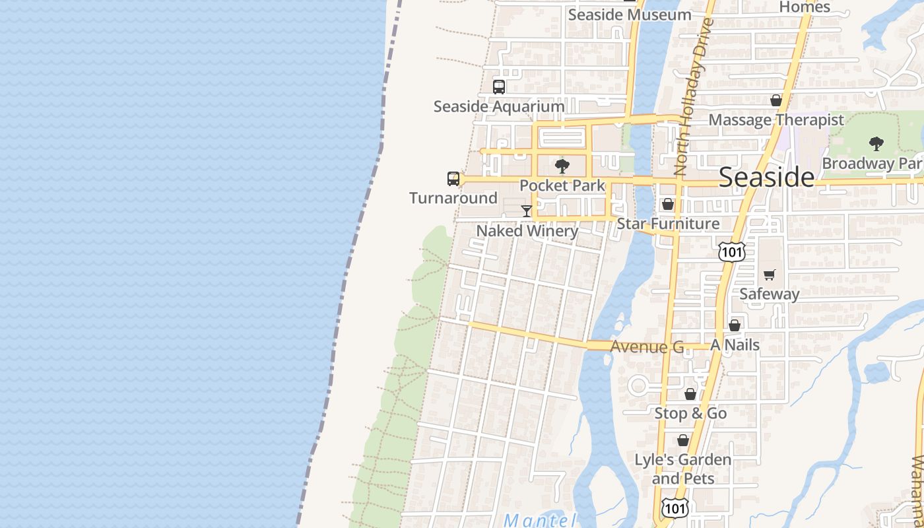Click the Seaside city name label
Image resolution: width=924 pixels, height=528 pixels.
(766, 177)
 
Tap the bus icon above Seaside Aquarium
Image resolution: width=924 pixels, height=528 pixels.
(499, 86)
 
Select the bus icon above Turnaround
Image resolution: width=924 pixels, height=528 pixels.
(453, 178)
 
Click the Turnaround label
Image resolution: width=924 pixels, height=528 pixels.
(453, 198)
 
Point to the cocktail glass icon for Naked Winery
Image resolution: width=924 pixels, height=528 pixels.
(526, 211)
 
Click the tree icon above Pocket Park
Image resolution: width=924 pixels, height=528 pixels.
(562, 166)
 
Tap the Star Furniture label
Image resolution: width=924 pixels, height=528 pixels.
(668, 224)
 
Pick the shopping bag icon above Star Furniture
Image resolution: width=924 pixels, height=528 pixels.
(668, 204)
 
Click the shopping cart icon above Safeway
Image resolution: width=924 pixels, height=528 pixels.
(770, 275)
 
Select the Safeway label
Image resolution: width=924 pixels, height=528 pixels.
(770, 294)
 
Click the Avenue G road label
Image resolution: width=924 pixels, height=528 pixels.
(647, 346)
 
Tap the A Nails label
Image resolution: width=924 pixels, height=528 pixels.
(735, 345)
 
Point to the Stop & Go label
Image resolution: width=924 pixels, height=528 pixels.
(690, 413)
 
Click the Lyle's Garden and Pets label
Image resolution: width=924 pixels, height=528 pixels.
(683, 469)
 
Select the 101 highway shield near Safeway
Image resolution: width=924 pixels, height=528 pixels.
(732, 251)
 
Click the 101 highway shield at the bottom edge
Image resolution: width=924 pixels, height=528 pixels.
(675, 508)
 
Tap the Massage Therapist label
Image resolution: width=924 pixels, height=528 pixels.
(776, 120)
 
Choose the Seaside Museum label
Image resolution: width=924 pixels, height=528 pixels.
(630, 15)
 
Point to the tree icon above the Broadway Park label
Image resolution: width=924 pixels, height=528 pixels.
(876, 143)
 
